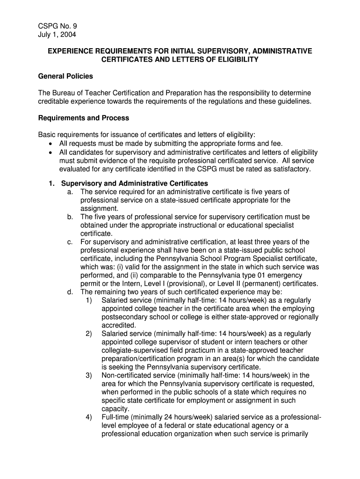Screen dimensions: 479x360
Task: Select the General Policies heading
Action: (65, 76)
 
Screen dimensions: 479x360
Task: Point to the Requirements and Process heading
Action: (83, 118)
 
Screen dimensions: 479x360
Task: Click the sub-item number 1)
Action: (88, 300)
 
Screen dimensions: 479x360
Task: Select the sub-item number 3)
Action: (88, 375)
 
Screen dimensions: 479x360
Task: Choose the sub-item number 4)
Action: (88, 417)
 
